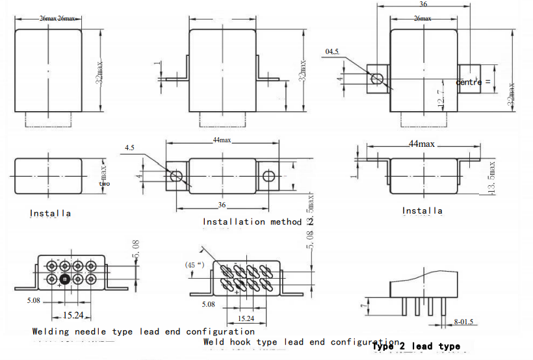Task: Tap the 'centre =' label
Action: click(x=473, y=82)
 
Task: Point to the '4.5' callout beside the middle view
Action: click(x=131, y=148)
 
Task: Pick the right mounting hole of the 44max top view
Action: click(x=268, y=176)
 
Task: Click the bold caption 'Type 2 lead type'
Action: click(x=416, y=346)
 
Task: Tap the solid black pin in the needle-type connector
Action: click(x=64, y=279)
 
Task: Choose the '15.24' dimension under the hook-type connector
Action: click(x=245, y=319)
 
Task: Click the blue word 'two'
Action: click(x=105, y=184)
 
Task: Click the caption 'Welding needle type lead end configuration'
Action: click(x=143, y=331)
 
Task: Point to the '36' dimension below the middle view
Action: click(x=222, y=205)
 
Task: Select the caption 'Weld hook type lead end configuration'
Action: click(x=301, y=342)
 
